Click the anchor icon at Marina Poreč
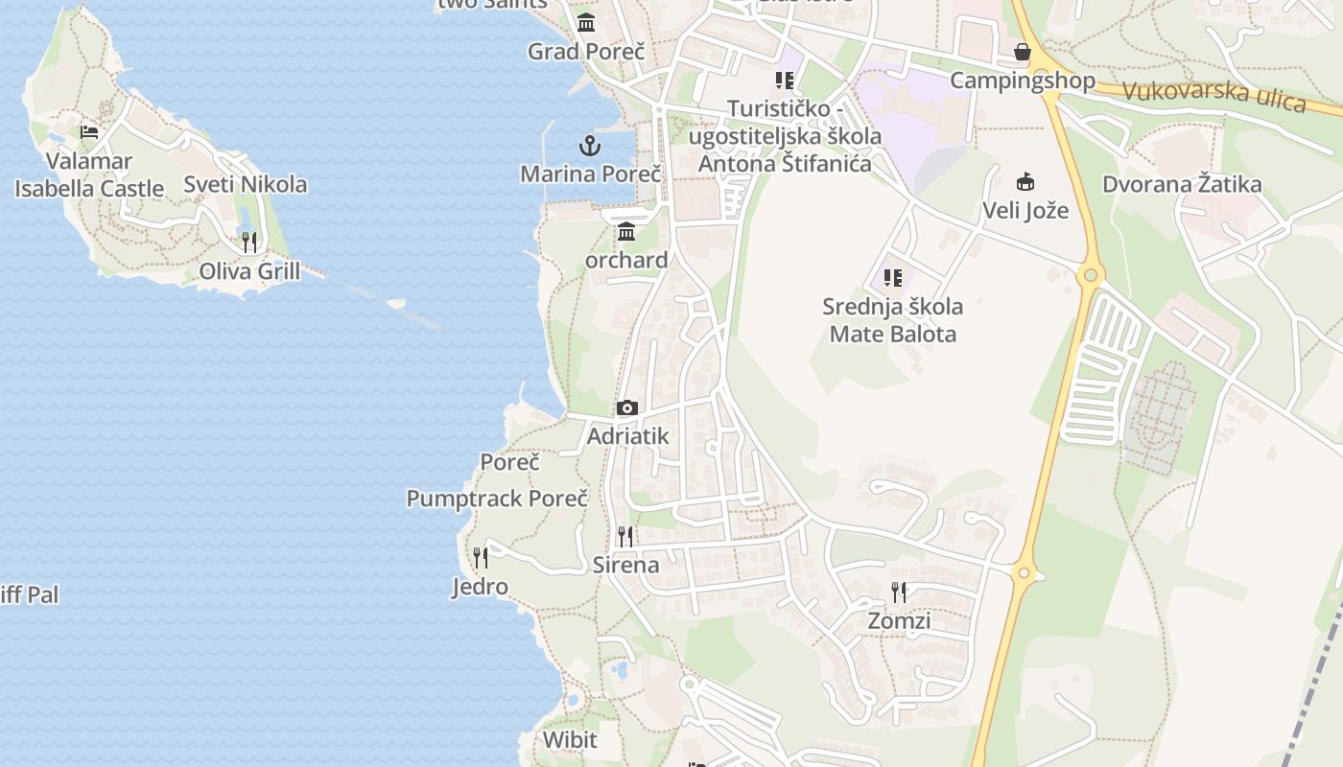pyautogui.click(x=590, y=146)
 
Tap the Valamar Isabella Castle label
pyautogui.click(x=89, y=174)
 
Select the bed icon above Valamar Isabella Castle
pyautogui.click(x=89, y=131)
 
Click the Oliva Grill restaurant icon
pyautogui.click(x=249, y=242)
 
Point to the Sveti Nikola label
pyautogui.click(x=245, y=184)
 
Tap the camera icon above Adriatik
pyautogui.click(x=627, y=407)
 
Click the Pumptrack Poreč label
pyautogui.click(x=497, y=499)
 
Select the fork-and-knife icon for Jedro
pyautogui.click(x=481, y=557)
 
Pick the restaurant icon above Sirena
pyautogui.click(x=625, y=536)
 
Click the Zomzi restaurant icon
pyautogui.click(x=899, y=592)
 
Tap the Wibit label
pyautogui.click(x=570, y=739)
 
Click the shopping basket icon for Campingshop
pyautogui.click(x=1023, y=52)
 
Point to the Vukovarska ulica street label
pyautogui.click(x=1213, y=95)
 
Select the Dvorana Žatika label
pyautogui.click(x=1182, y=184)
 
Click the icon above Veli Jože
pyautogui.click(x=1025, y=181)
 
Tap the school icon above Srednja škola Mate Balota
pyautogui.click(x=893, y=278)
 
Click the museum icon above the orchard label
pyautogui.click(x=626, y=231)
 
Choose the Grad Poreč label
pyautogui.click(x=586, y=51)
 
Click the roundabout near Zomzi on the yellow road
pyautogui.click(x=1025, y=573)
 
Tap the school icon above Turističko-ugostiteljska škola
pyautogui.click(x=786, y=80)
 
